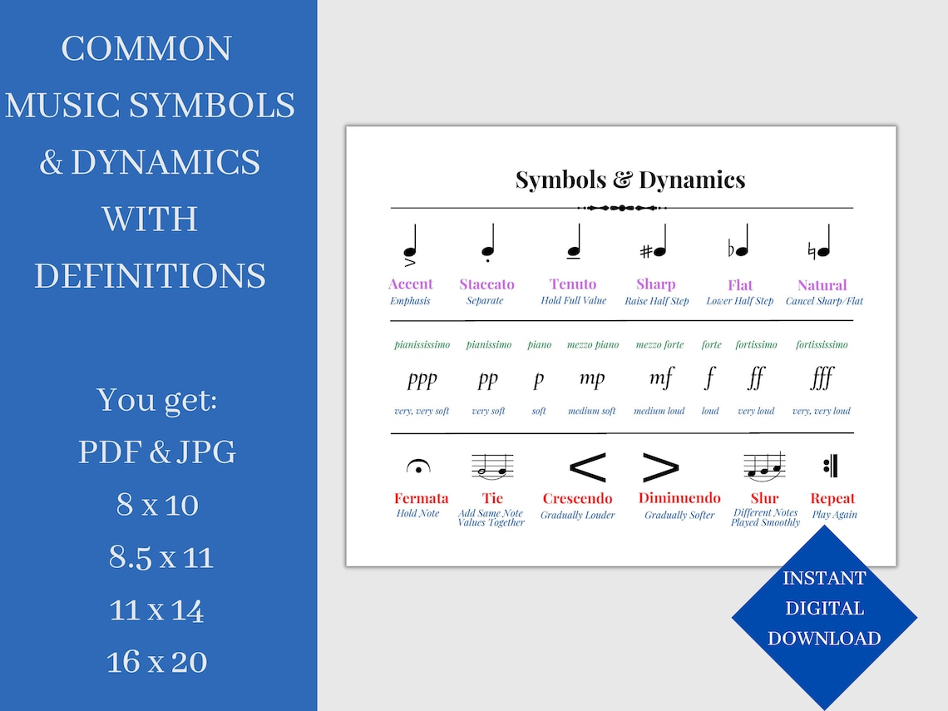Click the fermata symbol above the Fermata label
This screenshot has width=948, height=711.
coord(417,468)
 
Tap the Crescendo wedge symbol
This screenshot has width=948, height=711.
coord(586,467)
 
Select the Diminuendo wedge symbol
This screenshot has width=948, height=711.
coord(661,468)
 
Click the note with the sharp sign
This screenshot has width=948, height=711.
coord(654,244)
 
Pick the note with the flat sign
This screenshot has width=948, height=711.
coord(738,243)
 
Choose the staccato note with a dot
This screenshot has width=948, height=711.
coord(488,244)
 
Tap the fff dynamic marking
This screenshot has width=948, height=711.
coord(822,379)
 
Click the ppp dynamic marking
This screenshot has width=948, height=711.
coord(422,380)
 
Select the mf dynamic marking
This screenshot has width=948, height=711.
coord(661,378)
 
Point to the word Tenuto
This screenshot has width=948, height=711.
coord(573,284)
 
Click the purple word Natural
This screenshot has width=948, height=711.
coord(822,285)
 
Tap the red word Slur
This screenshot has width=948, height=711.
coord(764,498)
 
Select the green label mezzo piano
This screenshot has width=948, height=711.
coord(593,344)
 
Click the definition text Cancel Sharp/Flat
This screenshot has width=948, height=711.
coord(824,301)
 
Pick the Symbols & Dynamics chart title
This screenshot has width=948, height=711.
coord(630,180)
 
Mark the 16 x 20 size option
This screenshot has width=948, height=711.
coord(157,662)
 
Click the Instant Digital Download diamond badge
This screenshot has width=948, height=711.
coord(824,609)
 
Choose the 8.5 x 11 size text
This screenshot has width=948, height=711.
coord(161,557)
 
